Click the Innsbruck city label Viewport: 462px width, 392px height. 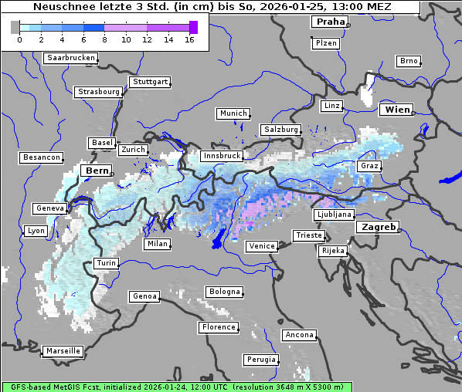click(221, 156)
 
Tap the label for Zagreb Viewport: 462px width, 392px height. click(378, 227)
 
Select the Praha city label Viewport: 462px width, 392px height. click(329, 22)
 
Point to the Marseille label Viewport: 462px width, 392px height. click(63, 350)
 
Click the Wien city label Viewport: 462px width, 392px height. click(398, 110)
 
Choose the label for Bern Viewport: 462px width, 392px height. click(97, 170)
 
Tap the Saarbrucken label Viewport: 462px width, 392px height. click(71, 58)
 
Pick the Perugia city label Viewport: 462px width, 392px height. click(261, 360)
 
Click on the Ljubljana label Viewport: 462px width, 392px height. click(334, 215)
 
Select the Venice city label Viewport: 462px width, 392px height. click(261, 246)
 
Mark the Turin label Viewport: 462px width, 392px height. click(106, 263)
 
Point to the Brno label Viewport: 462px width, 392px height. click(408, 61)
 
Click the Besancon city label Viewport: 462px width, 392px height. click(41, 157)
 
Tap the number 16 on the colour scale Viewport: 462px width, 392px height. click(189, 39)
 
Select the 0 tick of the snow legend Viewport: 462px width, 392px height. click(19, 39)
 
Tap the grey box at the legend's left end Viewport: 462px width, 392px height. click(15, 27)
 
